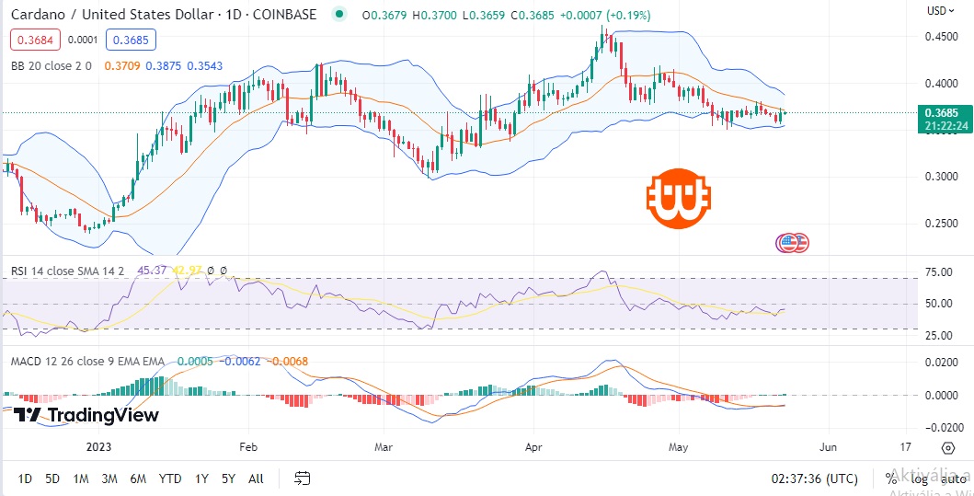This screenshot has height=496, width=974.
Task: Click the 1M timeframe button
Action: click(81, 479)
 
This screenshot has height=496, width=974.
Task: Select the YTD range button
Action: click(169, 479)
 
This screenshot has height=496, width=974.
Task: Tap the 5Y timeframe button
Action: click(228, 479)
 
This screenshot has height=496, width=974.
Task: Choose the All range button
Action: click(256, 479)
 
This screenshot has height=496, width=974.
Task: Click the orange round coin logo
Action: click(677, 198)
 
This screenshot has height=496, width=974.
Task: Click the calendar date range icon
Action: click(302, 479)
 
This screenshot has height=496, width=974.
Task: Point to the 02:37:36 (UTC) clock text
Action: click(815, 479)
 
